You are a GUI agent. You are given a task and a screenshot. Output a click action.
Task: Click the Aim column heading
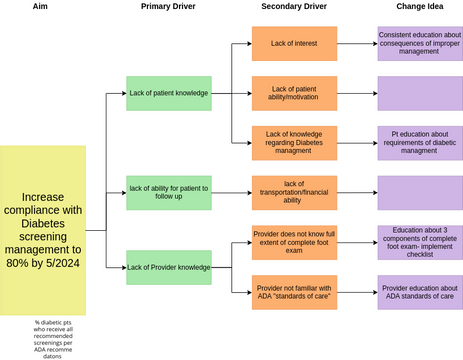point(42,8)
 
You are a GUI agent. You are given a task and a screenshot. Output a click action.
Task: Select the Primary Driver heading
point(168,8)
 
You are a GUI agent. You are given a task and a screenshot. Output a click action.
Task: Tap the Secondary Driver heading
point(293,8)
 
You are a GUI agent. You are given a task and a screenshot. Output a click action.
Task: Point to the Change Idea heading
point(420,8)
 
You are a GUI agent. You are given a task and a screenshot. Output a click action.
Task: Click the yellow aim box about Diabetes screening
point(43,229)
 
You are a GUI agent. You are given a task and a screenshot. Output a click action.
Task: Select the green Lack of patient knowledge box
point(169,93)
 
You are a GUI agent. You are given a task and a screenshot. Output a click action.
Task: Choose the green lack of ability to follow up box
point(169,191)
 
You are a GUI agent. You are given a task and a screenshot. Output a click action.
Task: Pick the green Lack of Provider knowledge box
point(169,267)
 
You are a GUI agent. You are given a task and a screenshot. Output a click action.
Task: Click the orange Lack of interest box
point(294,43)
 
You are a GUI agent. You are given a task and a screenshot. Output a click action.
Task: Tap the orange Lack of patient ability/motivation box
point(294,93)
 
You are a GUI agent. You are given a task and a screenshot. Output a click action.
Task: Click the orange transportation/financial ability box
point(294,191)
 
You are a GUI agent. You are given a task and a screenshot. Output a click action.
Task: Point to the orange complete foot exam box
point(294,242)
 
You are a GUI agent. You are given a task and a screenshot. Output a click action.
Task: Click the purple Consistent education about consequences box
point(420,43)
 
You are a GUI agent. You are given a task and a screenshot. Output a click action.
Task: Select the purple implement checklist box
point(420,242)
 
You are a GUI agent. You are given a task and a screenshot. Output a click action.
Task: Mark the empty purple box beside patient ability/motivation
point(420,93)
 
